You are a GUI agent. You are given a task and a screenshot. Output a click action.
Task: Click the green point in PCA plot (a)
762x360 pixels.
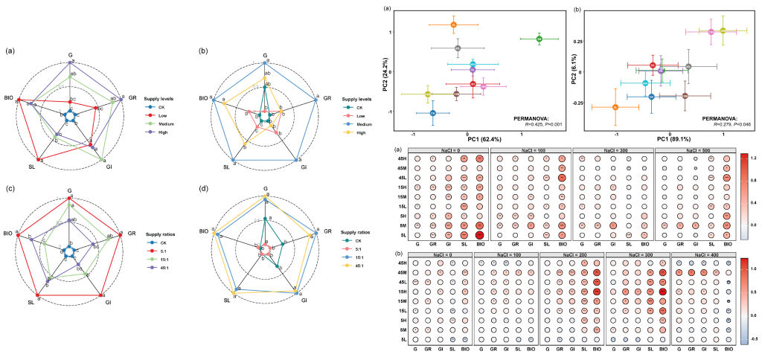[540, 39]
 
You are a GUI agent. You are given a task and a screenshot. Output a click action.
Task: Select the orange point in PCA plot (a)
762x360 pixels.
[453, 25]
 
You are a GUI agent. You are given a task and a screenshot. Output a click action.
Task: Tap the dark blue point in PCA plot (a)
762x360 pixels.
[433, 113]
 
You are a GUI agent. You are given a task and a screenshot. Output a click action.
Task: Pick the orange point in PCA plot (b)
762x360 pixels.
[615, 108]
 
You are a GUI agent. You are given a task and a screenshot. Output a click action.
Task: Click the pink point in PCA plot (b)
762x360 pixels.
[711, 32]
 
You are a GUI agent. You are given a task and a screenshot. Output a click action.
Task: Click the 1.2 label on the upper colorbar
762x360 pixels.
[754, 158]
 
